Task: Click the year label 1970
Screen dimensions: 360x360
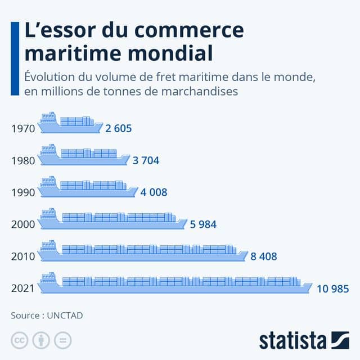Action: point(23,128)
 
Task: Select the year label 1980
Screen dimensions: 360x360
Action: point(23,160)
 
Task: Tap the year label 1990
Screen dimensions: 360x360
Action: point(23,192)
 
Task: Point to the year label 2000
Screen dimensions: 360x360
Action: point(23,224)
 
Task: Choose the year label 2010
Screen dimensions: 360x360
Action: point(23,256)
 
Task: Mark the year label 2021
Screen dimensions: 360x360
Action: point(23,289)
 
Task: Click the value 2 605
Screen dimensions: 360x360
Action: point(118,128)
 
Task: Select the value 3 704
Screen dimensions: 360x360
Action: point(146,160)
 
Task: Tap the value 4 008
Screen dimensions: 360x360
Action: point(154,192)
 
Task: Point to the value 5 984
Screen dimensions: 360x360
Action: point(203,224)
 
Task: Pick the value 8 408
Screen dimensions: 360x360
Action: point(263,256)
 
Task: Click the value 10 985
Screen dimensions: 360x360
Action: point(332,289)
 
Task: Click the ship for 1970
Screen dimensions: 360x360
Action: point(70,123)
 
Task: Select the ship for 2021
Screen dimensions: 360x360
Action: point(174,283)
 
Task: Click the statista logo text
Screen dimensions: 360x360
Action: point(292,340)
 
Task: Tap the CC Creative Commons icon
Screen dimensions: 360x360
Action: point(19,340)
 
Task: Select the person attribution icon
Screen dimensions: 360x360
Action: point(41,340)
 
